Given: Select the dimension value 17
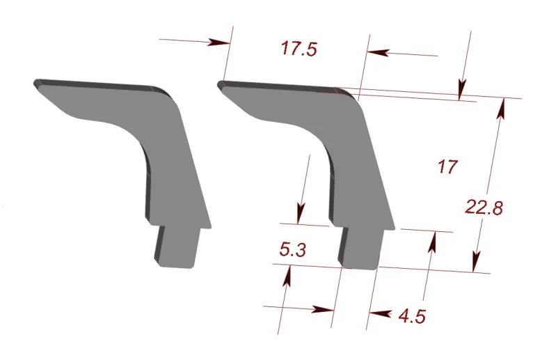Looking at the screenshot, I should pyautogui.click(x=447, y=167).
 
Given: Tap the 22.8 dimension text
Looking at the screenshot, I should pyautogui.click(x=485, y=208).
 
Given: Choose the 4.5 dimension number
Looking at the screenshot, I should pyautogui.click(x=412, y=317).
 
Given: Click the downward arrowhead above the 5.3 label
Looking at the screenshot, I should pyautogui.click(x=301, y=212).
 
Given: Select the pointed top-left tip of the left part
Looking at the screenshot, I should pyautogui.click(x=36, y=83).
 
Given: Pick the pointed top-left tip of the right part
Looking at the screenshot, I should pyautogui.click(x=221, y=85).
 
